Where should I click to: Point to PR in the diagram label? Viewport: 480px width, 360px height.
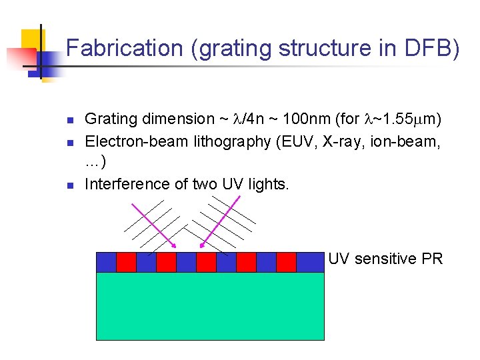(432, 259)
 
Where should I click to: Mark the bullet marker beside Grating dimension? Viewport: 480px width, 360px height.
(69, 121)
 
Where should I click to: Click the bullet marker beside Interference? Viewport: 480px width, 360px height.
(69, 185)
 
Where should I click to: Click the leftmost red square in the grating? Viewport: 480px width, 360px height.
(126, 262)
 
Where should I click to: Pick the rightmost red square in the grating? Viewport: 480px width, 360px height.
(286, 262)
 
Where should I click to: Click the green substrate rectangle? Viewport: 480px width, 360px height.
(210, 306)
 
